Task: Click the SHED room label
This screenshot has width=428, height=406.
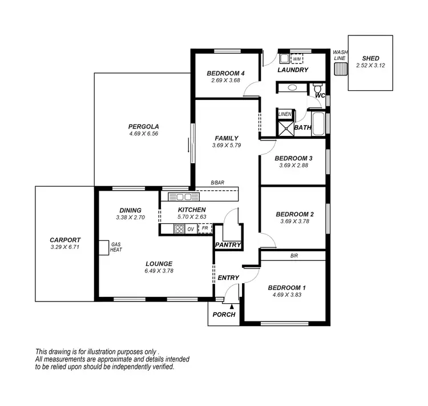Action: tap(370, 58)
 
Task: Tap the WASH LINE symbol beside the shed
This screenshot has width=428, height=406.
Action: tap(340, 69)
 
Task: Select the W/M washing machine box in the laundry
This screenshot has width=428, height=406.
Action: tap(297, 58)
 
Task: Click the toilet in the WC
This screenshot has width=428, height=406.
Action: tap(317, 89)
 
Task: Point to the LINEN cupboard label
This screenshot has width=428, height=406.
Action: tap(285, 114)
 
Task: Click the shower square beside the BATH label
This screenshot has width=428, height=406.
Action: tap(285, 128)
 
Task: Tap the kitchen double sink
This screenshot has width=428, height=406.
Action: tap(184, 197)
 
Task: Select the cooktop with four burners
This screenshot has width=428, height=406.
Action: tap(179, 229)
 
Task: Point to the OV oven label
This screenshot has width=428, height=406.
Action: tap(191, 229)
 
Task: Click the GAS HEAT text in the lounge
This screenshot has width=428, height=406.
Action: tap(116, 247)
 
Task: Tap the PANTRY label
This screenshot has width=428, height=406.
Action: tap(228, 245)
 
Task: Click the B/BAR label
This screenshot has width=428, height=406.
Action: tap(217, 183)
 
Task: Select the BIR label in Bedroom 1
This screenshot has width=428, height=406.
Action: tap(294, 256)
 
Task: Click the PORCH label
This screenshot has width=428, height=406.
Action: tap(224, 315)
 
